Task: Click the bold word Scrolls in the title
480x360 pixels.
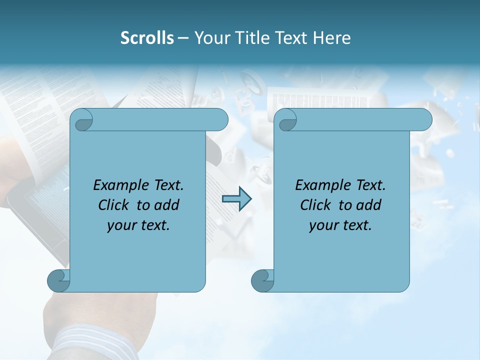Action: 147,37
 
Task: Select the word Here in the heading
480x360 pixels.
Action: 332,37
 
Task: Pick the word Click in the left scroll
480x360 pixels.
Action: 114,205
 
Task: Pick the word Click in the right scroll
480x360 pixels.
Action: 316,205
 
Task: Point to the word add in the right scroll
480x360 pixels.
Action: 369,205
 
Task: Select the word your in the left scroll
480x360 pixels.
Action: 121,225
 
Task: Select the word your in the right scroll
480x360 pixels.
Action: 323,225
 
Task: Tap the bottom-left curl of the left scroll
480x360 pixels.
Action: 58,280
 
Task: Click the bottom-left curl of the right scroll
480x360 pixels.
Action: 261,280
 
